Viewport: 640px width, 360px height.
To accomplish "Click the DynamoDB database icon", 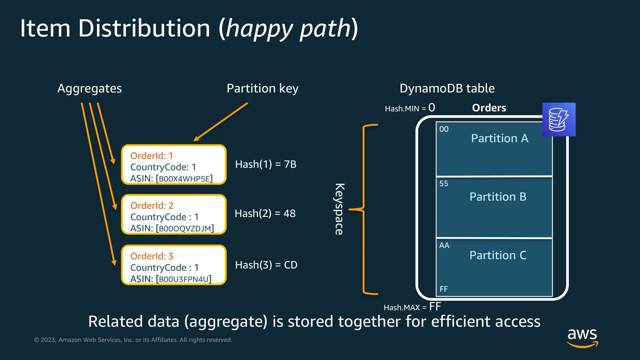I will (559, 119).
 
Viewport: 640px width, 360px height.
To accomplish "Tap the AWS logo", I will (582, 337).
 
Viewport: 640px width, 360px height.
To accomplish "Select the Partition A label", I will (500, 138).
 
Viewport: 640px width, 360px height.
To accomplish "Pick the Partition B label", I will (498, 196).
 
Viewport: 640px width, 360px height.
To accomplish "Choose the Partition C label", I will (498, 255).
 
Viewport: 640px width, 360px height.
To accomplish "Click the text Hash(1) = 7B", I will (266, 164).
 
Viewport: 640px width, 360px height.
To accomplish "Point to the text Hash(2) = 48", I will (265, 213).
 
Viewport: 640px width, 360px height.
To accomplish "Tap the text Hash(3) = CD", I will (266, 265).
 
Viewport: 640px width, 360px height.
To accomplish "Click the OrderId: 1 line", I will (152, 156).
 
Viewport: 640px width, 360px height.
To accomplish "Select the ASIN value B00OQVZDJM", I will (185, 228).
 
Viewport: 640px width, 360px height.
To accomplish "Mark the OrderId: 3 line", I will (152, 256).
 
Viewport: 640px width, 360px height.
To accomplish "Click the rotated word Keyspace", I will (339, 209).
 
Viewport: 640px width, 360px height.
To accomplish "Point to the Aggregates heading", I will (90, 88).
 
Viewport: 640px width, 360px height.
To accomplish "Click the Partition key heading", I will (262, 88).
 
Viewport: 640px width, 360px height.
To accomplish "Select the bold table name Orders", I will (489, 108).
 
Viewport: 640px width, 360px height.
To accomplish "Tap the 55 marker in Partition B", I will (444, 184).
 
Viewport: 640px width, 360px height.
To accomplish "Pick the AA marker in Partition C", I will (444, 245).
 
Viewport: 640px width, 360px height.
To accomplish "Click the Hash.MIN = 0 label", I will (410, 108).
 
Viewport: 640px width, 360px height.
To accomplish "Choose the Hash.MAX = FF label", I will (412, 307).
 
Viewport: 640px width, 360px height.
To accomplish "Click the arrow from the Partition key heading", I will (221, 122).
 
